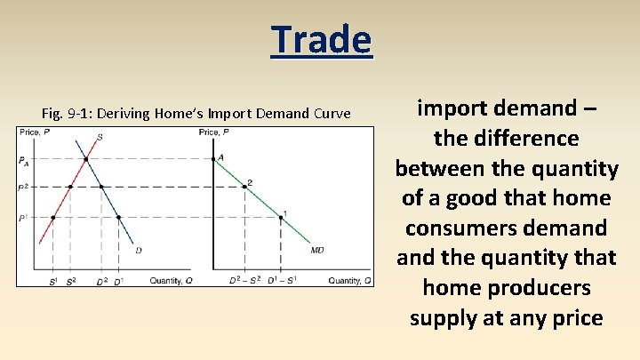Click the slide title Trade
[x=321, y=40]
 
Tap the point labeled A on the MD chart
[x=213, y=159]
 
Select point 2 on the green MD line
[x=245, y=187]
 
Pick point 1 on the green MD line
[x=281, y=218]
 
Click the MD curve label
[x=317, y=250]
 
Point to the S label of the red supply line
[x=100, y=137]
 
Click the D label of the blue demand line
[x=139, y=250]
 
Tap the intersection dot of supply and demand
[x=86, y=159]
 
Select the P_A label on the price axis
[x=24, y=161]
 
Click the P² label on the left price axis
[x=23, y=188]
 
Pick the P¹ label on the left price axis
[x=23, y=218]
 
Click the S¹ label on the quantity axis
[x=53, y=281]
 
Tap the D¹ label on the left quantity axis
[x=119, y=281]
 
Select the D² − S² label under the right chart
[x=245, y=280]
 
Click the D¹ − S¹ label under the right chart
[x=282, y=280]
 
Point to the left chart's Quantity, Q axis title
[x=171, y=281]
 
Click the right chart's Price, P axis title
[x=214, y=132]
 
